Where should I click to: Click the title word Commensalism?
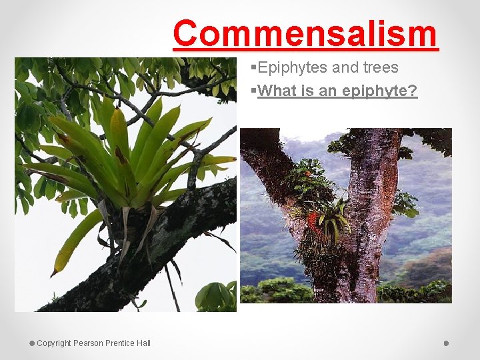[305, 33]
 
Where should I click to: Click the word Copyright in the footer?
[54, 343]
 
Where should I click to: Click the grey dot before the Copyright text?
[31, 343]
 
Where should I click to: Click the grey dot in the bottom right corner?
[446, 343]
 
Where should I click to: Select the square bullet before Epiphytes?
[253, 68]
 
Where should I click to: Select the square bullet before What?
[253, 91]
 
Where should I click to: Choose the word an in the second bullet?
[327, 91]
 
